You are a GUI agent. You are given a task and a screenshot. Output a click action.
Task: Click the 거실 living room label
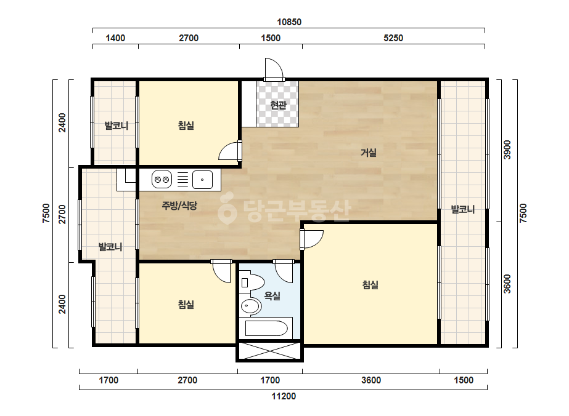click(x=368, y=153)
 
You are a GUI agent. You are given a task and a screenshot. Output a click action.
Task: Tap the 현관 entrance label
click(x=278, y=105)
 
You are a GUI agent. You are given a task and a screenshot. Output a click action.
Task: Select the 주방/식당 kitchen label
click(x=179, y=206)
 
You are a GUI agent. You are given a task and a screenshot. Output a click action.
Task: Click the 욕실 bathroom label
click(x=272, y=296)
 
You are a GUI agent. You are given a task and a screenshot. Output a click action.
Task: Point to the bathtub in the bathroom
click(x=266, y=328)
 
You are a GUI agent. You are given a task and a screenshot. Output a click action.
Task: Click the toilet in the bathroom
click(x=253, y=282)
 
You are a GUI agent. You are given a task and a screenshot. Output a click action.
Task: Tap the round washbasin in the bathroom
click(x=250, y=306)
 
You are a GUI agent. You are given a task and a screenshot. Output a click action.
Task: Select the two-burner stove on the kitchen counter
click(x=162, y=179)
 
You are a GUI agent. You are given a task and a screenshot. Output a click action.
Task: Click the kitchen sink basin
click(x=202, y=179)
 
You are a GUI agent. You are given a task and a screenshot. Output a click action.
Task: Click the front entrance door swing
click(x=274, y=69)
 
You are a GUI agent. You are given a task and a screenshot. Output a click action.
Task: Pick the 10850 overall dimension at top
click(x=289, y=22)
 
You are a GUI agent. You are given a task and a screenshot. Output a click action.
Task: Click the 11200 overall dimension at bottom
click(x=284, y=396)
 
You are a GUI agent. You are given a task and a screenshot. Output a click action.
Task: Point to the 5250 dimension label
click(x=393, y=38)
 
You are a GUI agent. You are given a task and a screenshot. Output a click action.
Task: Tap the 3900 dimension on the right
click(x=507, y=150)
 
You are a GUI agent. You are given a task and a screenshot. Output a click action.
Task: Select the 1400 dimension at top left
click(x=115, y=38)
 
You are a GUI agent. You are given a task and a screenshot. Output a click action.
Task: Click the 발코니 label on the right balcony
click(x=463, y=209)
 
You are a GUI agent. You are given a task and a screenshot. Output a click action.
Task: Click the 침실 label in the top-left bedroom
click(x=186, y=126)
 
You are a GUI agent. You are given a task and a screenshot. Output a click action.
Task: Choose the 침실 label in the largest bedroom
click(x=370, y=285)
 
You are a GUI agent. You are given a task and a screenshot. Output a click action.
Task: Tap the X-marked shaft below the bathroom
click(x=269, y=350)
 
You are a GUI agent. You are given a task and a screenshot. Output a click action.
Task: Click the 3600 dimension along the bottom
click(x=371, y=380)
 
